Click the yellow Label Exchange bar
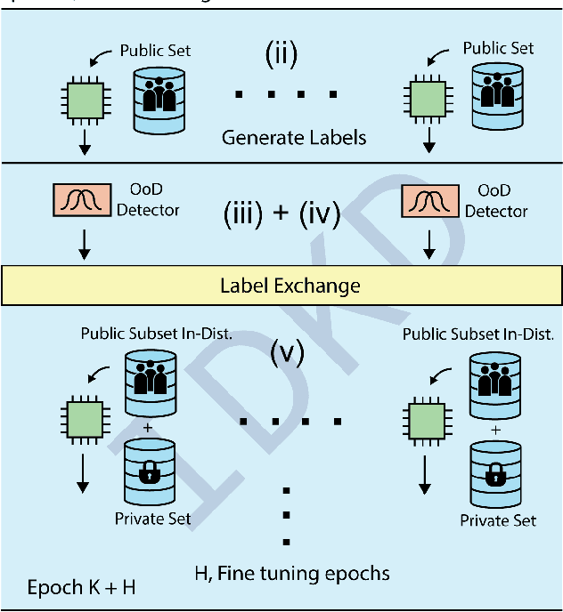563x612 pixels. tap(281, 286)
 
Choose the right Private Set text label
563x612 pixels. tap(498, 519)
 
